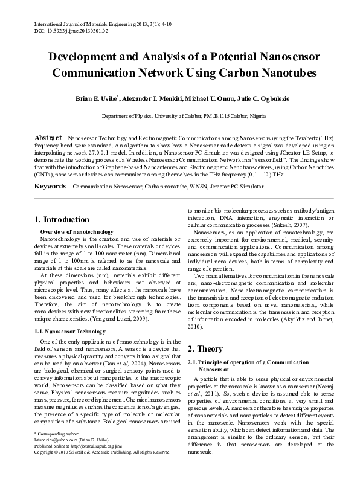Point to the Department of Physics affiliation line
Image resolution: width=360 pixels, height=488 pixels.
tap(179, 115)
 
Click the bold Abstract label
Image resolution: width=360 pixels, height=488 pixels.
tap(49, 138)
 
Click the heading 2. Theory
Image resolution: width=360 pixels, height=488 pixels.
tap(205, 349)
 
